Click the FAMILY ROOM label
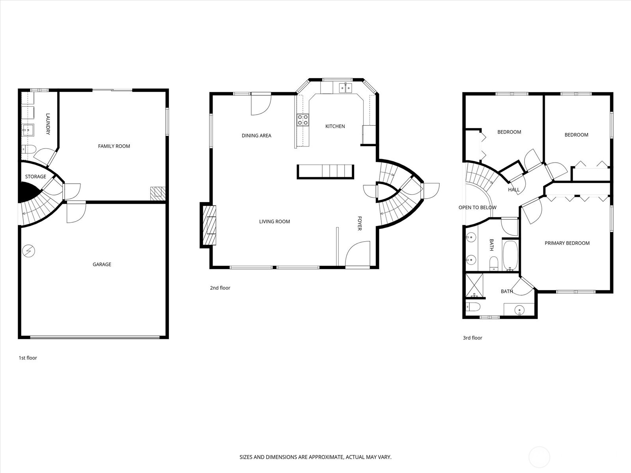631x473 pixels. (x=114, y=146)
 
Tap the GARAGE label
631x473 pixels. (x=102, y=264)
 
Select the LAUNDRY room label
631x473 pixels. (x=48, y=124)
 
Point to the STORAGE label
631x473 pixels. (x=35, y=177)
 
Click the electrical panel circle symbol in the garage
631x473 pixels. (x=29, y=251)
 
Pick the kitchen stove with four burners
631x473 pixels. (x=303, y=120)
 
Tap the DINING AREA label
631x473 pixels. (x=256, y=136)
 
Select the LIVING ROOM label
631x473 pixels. (x=274, y=222)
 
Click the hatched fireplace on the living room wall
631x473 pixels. (x=209, y=225)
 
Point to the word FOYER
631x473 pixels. (x=359, y=223)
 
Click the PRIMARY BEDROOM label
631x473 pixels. (x=567, y=243)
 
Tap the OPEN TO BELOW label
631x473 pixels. (x=478, y=207)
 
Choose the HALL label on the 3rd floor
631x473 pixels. (x=514, y=190)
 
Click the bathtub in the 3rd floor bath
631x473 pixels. (x=511, y=255)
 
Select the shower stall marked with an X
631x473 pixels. (x=474, y=285)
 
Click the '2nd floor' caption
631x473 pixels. (x=220, y=288)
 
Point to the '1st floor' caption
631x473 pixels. (x=28, y=358)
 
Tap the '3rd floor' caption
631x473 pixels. (x=472, y=338)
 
